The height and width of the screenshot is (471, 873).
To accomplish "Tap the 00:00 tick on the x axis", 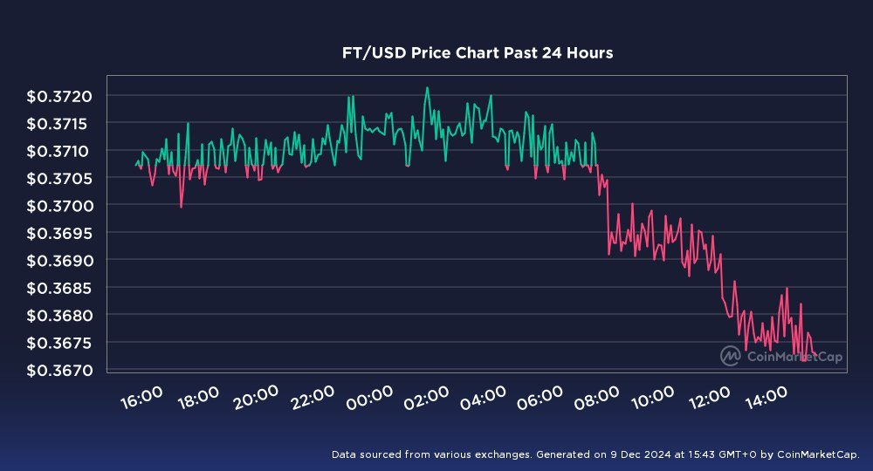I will click(370, 399).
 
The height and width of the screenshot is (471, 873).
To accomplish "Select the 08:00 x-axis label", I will click(598, 399).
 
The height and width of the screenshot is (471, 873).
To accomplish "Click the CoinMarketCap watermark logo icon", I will click(731, 355).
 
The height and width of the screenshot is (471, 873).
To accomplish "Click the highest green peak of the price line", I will click(427, 87).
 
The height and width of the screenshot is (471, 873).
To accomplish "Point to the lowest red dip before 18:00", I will click(181, 207).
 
